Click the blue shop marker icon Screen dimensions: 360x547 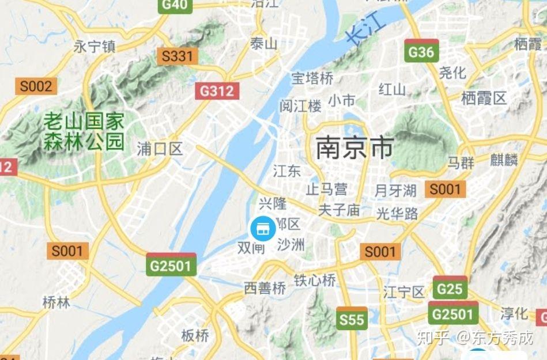tap(263, 229)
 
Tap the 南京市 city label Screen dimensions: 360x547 tap(354, 148)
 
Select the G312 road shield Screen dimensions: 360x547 tap(217, 90)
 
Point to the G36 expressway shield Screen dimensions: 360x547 tap(421, 51)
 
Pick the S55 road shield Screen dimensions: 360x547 tap(351, 319)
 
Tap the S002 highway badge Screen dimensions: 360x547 tap(36, 86)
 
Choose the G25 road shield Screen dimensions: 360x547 tap(450, 288)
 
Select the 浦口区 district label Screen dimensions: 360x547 tap(160, 150)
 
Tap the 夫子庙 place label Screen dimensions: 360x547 tap(339, 210)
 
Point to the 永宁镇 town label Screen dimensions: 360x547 tap(95, 47)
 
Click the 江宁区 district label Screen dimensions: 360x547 tap(404, 292)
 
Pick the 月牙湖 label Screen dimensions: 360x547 tap(395, 190)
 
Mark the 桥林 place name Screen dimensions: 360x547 tap(56, 302)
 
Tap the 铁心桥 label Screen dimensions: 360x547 tap(315, 281)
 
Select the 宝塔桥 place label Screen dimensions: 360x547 tap(312, 78)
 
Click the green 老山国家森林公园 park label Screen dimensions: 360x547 tap(84, 131)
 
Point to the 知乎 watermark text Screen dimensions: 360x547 tap(431, 338)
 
